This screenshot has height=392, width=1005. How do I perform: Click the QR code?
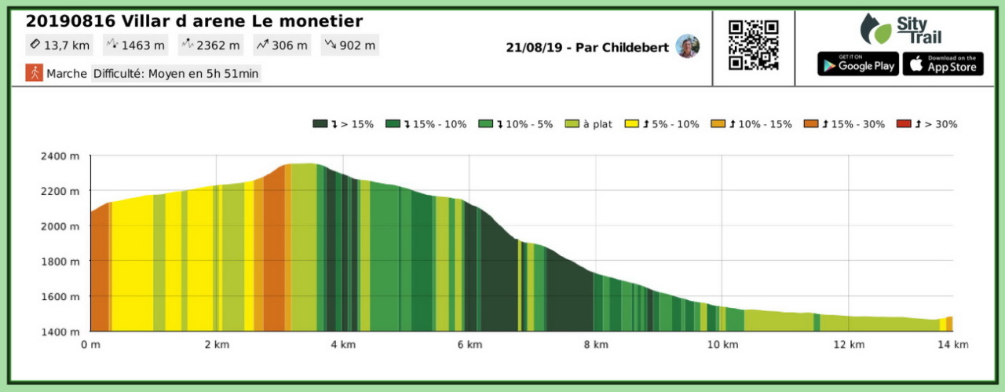[753, 46]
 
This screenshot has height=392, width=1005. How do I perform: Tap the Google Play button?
[858, 64]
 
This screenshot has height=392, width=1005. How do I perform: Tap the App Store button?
[943, 64]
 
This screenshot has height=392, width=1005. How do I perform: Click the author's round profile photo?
[688, 46]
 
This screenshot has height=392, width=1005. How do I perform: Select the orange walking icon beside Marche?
[34, 73]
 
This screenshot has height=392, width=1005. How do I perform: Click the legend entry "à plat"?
[597, 124]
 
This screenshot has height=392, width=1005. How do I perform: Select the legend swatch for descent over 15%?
[320, 124]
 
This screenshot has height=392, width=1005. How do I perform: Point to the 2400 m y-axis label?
[60, 156]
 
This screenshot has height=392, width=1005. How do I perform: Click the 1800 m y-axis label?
[60, 261]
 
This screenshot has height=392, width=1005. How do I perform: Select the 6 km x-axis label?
[470, 344]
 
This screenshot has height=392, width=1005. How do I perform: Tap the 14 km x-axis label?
[952, 344]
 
